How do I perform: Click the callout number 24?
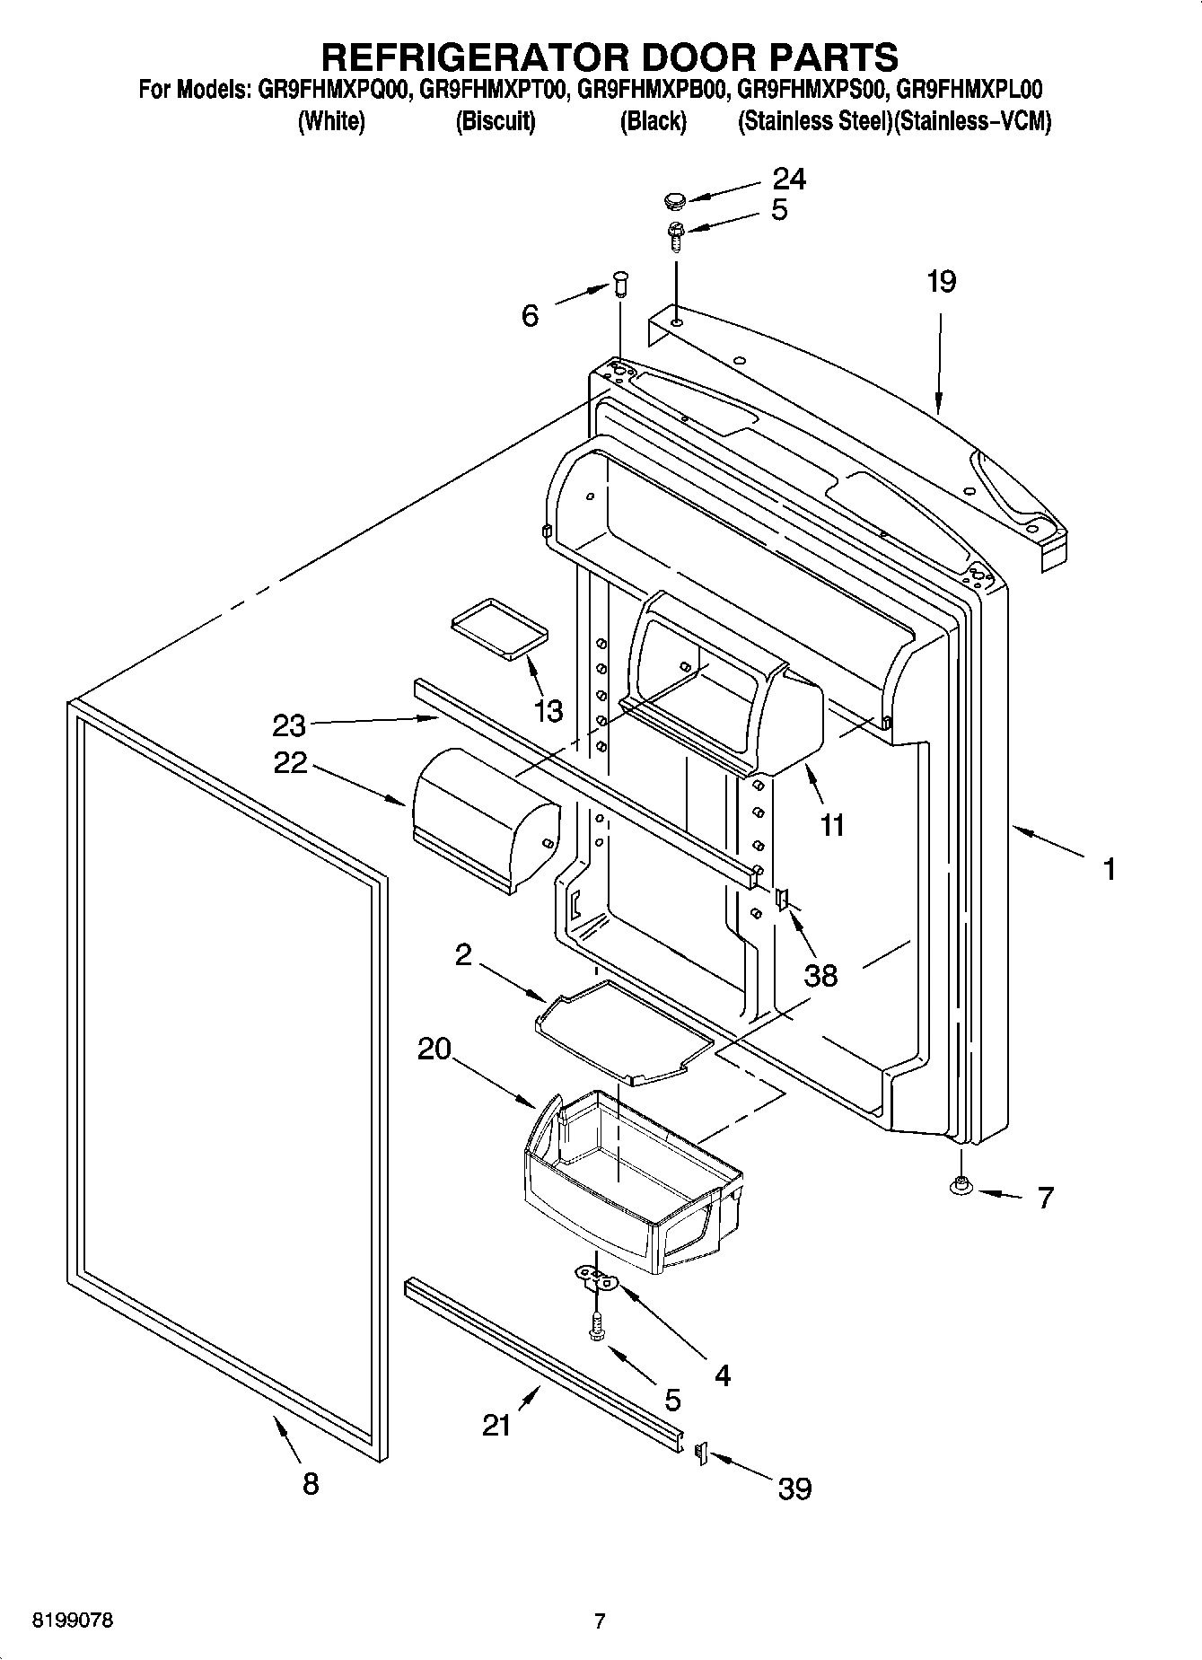pyautogui.click(x=789, y=179)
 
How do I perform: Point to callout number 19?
pyautogui.click(x=941, y=282)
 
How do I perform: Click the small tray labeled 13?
pyautogui.click(x=499, y=627)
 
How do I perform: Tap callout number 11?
pyautogui.click(x=832, y=824)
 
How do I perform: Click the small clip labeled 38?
pyautogui.click(x=781, y=897)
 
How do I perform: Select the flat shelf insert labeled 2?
pyautogui.click(x=624, y=1032)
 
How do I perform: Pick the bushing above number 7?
pyautogui.click(x=961, y=1187)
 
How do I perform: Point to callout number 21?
pyautogui.click(x=496, y=1425)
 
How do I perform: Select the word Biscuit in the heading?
pyautogui.click(x=496, y=121)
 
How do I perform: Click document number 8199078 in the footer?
pyautogui.click(x=73, y=1621)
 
